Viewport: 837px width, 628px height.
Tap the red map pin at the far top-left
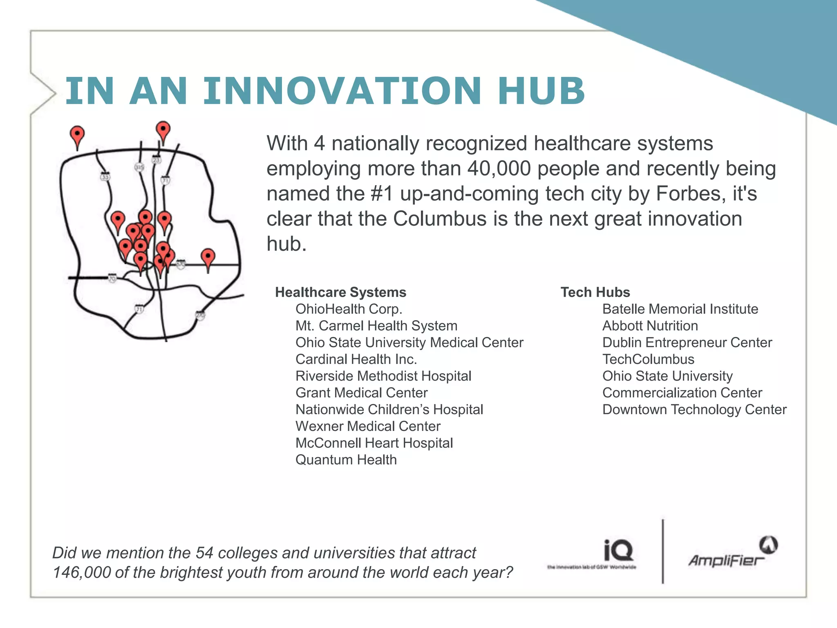[x=77, y=135]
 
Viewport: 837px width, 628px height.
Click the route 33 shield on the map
[x=105, y=177]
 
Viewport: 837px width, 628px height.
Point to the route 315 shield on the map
[x=139, y=167]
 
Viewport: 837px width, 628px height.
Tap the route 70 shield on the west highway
[x=112, y=278]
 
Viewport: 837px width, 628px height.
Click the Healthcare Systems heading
[x=340, y=292]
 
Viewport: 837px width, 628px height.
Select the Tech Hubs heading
[x=595, y=292]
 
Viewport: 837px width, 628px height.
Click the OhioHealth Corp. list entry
[x=349, y=309]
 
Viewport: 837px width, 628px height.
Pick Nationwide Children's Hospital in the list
[x=389, y=410]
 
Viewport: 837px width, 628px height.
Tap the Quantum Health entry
[x=346, y=460]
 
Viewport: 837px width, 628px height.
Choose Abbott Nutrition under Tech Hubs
[x=650, y=326]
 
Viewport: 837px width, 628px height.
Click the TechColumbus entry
[x=648, y=359]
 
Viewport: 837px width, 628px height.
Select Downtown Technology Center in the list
[x=694, y=410]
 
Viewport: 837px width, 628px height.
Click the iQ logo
[x=618, y=551]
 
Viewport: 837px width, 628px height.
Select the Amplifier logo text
[x=726, y=561]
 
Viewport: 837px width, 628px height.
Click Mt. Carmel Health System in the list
[x=376, y=326]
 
